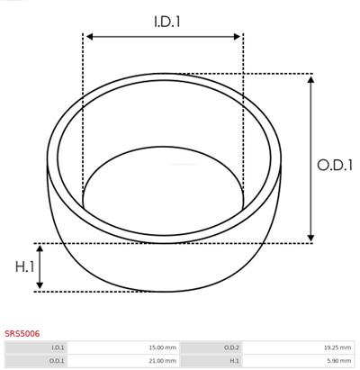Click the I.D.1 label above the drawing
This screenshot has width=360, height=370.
click(167, 22)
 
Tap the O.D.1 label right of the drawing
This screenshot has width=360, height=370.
click(335, 166)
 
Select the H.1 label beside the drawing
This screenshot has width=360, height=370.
click(25, 266)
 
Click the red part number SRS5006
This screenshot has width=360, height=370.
click(22, 333)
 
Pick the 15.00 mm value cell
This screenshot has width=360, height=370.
click(123, 347)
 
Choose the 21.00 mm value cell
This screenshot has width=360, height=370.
click(123, 360)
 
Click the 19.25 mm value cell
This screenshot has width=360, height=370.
click(298, 347)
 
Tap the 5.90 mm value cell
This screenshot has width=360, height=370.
click(298, 360)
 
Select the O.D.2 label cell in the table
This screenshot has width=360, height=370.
click(211, 347)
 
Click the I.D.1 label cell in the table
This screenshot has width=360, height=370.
click(36, 347)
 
